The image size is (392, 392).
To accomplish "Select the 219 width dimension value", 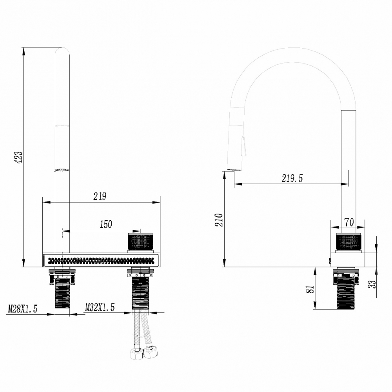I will [100, 196].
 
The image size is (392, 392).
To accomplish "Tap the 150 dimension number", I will [105, 224].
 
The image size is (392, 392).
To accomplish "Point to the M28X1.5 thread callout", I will [23, 309].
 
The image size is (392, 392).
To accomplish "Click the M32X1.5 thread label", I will [100, 308].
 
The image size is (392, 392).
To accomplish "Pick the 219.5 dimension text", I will [292, 178].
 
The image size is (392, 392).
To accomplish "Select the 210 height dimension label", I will [219, 220].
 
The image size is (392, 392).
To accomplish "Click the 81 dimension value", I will [309, 289].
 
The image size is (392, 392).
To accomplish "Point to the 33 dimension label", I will [373, 281].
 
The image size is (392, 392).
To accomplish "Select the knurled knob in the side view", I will [348, 242].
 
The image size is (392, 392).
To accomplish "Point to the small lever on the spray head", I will [244, 146].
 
